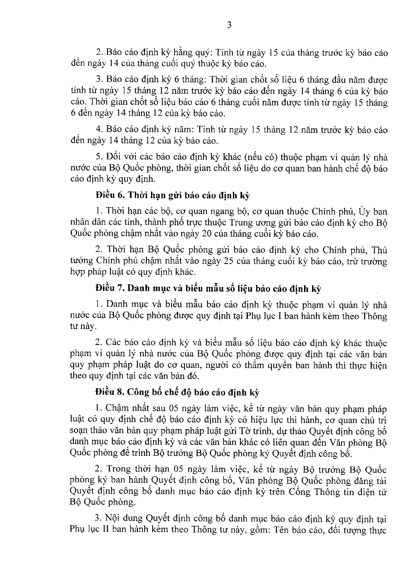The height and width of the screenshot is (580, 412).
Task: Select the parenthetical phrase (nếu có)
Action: click(x=262, y=157)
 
